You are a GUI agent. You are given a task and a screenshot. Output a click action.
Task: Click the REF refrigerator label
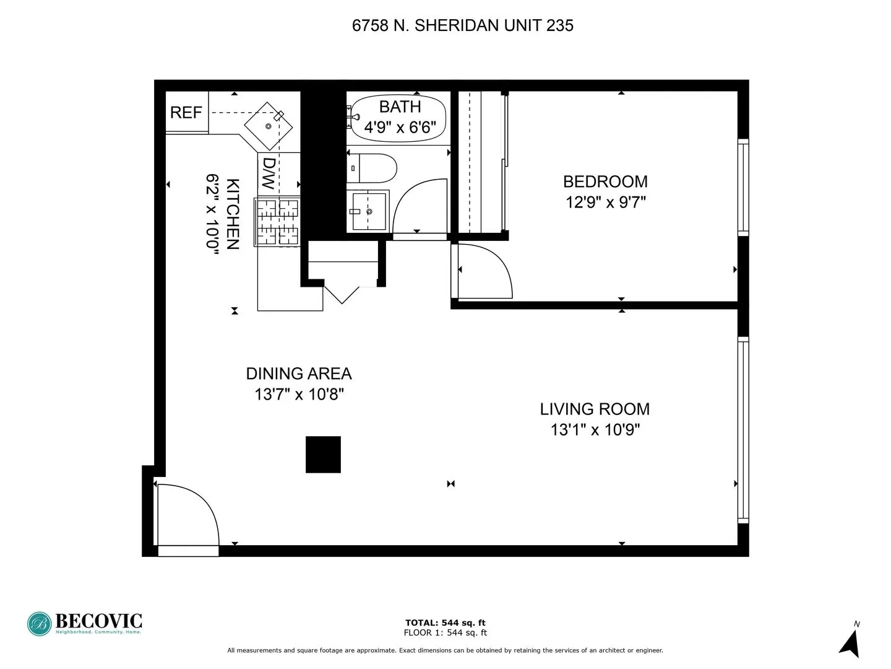[186, 113]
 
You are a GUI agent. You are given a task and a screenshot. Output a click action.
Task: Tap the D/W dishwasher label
[269, 173]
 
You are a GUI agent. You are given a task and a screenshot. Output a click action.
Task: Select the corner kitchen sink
[269, 126]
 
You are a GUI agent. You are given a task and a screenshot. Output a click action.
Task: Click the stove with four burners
[277, 222]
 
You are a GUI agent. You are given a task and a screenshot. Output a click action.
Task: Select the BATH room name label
[400, 107]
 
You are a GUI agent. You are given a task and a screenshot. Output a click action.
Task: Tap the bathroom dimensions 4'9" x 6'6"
[400, 128]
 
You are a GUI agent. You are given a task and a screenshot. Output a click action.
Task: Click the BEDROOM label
[605, 181]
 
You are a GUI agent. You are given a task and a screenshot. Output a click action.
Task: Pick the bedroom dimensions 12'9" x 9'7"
[605, 202]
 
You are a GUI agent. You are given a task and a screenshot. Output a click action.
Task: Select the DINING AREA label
[299, 374]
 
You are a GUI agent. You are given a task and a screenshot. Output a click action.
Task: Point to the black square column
[323, 455]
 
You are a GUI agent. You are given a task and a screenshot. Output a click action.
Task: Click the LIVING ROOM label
[595, 409]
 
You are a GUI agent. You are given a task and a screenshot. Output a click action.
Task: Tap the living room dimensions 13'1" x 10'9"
[595, 429]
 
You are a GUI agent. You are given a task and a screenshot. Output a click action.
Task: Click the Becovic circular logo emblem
[39, 624]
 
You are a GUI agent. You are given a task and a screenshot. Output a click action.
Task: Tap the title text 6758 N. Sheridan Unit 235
[462, 25]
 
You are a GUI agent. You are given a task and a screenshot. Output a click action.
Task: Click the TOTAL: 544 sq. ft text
[445, 623]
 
